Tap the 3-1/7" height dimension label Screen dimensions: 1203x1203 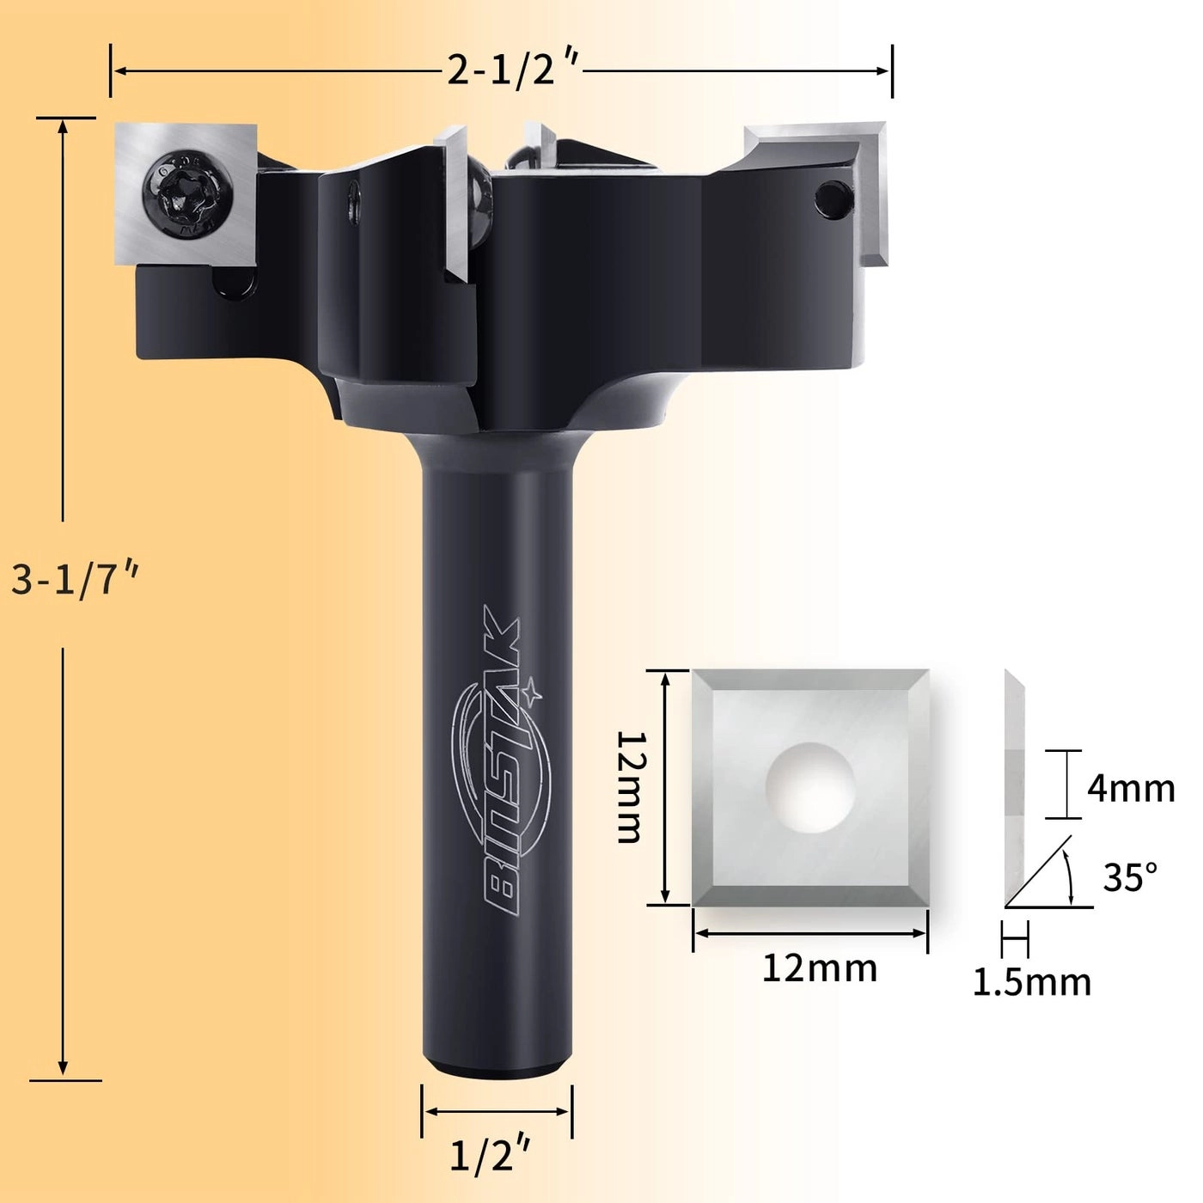(x=75, y=581)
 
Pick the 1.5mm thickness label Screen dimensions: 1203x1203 (x=1032, y=981)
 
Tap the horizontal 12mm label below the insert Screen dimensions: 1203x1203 (x=820, y=968)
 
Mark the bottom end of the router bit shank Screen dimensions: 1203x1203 (x=497, y=1068)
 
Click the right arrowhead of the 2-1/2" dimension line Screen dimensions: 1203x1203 (x=885, y=70)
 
